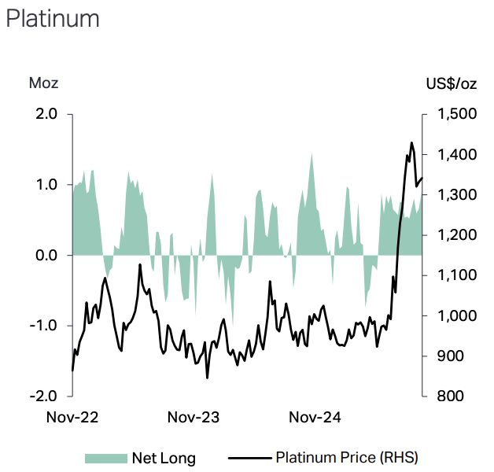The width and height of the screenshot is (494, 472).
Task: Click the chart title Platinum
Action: coord(53,18)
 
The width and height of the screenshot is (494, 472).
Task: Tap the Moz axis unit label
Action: coord(43,83)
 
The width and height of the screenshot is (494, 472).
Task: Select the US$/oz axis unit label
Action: coord(450,83)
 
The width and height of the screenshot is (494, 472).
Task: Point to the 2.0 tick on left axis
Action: coord(46,114)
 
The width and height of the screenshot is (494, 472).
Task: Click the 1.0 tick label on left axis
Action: coord(46,185)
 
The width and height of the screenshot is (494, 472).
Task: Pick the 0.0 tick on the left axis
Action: coord(46,255)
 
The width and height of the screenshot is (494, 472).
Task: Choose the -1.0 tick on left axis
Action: coord(44,326)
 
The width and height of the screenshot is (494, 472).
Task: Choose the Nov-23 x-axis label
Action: coord(192,417)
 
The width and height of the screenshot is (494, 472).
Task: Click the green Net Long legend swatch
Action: coord(105,457)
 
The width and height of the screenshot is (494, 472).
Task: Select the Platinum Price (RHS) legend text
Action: coord(347,457)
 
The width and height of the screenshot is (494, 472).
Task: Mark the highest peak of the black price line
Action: coord(411,142)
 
